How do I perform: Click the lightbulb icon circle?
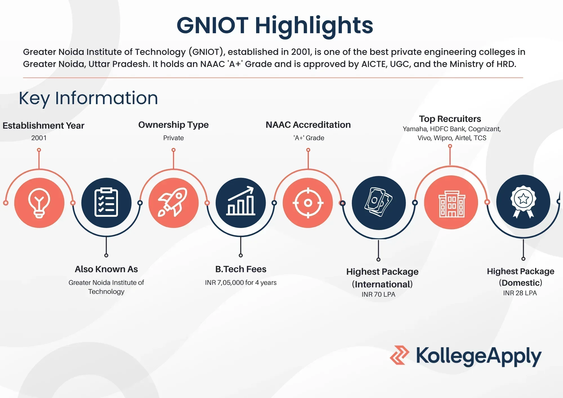pos(39,203)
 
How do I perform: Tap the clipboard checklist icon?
pos(106,203)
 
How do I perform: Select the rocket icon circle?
pos(173,203)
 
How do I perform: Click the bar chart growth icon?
pos(241,203)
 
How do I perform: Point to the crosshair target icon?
pos(308,203)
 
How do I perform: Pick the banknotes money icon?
pos(379,203)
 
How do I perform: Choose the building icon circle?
pos(451,203)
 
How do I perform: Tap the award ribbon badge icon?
pos(523,202)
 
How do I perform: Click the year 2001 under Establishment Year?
pos(39,138)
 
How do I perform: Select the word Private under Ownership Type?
pos(173,138)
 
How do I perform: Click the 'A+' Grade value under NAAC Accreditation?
pos(309,138)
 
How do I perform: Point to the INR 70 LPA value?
pos(378,294)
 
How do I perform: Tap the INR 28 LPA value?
pos(520,293)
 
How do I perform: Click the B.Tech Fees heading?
pos(241,269)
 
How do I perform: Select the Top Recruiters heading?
pos(450,119)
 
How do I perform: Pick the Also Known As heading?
pos(106,269)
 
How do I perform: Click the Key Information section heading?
pos(88,98)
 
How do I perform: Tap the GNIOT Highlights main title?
pos(275,25)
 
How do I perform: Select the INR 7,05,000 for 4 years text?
pos(241,283)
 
